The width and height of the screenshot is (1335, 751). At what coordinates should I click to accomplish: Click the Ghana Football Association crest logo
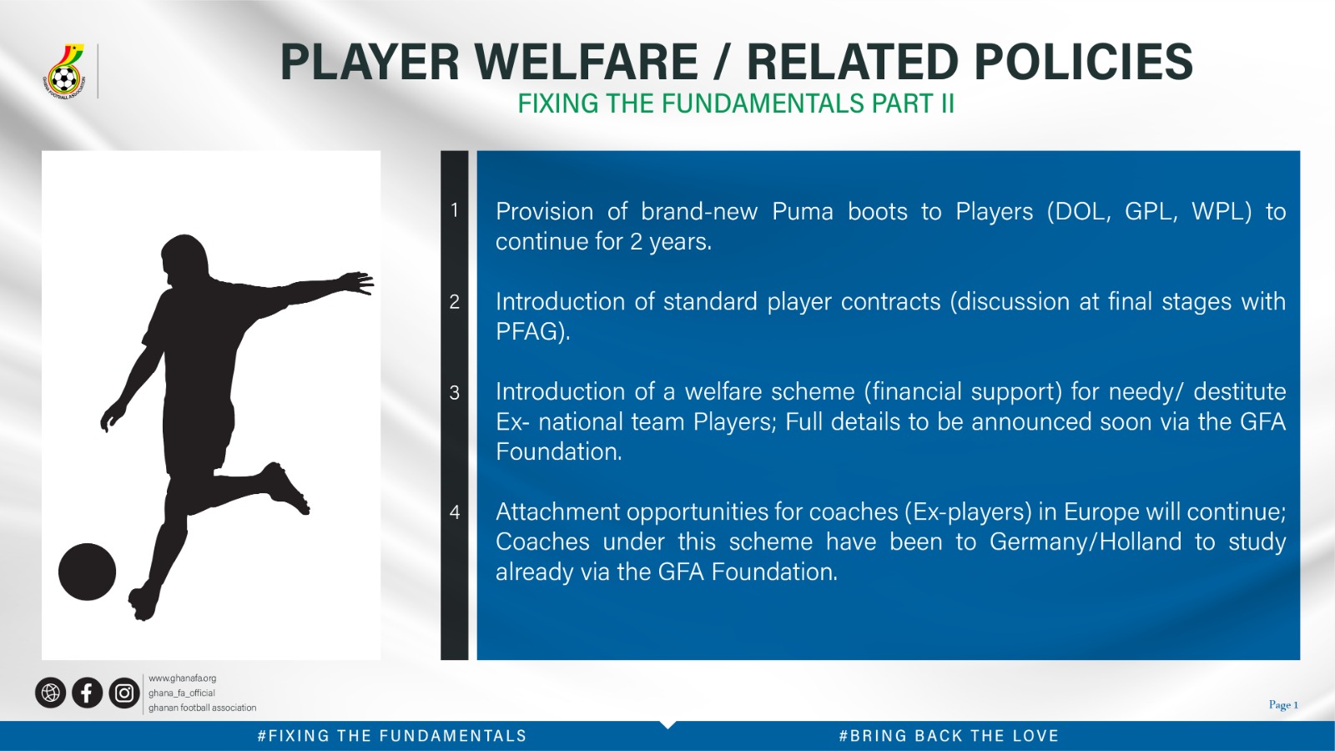click(65, 71)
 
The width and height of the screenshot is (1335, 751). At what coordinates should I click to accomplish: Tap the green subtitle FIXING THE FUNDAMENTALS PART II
click(736, 103)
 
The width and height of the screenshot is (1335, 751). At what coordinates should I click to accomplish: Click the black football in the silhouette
click(87, 572)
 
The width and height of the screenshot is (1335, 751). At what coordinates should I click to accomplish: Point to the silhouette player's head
click(184, 260)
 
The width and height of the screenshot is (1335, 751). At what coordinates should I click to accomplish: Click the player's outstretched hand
click(357, 283)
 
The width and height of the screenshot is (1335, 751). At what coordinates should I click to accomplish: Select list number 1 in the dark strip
click(455, 210)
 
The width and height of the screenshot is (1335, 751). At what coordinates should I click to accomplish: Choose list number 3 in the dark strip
click(455, 392)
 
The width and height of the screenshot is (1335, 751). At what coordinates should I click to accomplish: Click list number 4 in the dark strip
click(455, 512)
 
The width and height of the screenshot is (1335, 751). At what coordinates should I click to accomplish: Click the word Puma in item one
click(802, 212)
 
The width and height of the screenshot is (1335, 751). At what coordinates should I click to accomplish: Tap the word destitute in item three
click(1240, 391)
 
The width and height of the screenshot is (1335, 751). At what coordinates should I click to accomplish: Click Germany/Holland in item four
click(1086, 542)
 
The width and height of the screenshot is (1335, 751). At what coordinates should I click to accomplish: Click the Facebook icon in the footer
click(87, 693)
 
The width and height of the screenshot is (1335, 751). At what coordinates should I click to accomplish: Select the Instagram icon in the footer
click(124, 693)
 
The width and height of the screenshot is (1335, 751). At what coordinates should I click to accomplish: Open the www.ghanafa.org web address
click(183, 678)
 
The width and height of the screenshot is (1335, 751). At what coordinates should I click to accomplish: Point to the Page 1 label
click(1283, 704)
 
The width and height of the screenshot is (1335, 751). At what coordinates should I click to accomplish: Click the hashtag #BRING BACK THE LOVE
click(949, 736)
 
